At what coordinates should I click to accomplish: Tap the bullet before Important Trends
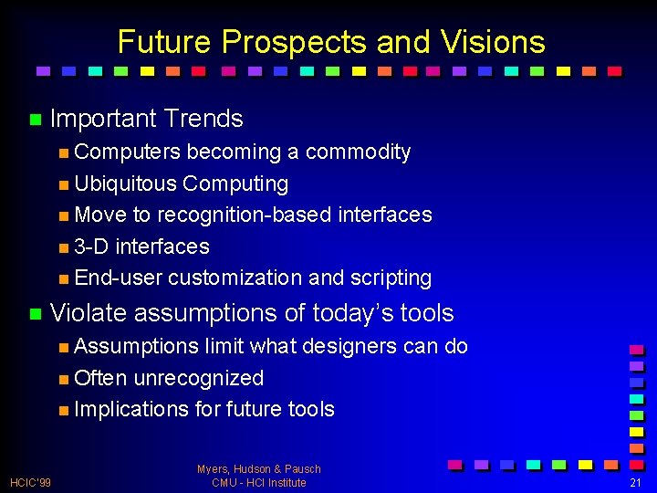coord(35,120)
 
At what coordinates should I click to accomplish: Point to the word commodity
coord(358,152)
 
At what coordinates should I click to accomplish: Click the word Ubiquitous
coord(125,184)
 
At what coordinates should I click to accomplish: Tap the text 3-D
coord(92,246)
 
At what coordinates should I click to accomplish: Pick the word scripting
coord(390,278)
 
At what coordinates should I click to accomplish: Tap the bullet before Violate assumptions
coord(35,314)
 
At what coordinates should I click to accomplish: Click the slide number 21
coord(636,482)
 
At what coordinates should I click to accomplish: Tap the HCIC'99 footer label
coord(31,482)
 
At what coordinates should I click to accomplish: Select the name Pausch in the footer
coord(302,469)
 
